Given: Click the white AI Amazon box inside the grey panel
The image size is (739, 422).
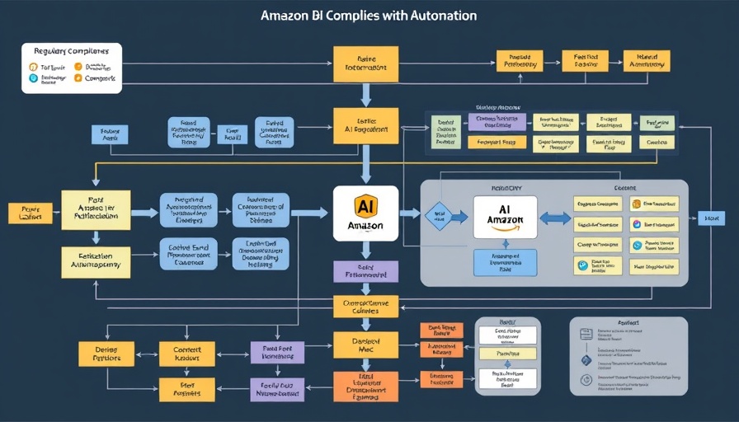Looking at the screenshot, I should pos(505,218).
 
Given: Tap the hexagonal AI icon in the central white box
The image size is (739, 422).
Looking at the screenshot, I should pos(365,205).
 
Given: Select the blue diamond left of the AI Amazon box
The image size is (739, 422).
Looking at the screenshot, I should pos(438,216).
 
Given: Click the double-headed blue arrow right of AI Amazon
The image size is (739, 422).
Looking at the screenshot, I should pos(555,218).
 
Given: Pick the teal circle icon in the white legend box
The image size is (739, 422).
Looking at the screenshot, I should pos(34,78).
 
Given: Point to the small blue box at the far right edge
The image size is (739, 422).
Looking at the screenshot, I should pos(710,218).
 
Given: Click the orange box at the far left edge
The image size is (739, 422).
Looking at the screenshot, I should pos(30,213).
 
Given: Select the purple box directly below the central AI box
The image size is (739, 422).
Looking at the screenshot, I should pos(365,271).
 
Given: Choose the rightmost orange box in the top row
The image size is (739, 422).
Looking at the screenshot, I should pos(647,61).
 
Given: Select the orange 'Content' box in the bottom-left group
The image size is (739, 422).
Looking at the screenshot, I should pos(187,354).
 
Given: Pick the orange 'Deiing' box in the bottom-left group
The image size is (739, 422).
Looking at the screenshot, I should pos(106,354).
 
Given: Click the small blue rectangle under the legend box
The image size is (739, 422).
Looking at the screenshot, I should pos(110,134).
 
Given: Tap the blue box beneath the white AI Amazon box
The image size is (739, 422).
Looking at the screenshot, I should pos(505,262).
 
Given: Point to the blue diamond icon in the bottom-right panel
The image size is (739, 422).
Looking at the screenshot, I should pos(586,360).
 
